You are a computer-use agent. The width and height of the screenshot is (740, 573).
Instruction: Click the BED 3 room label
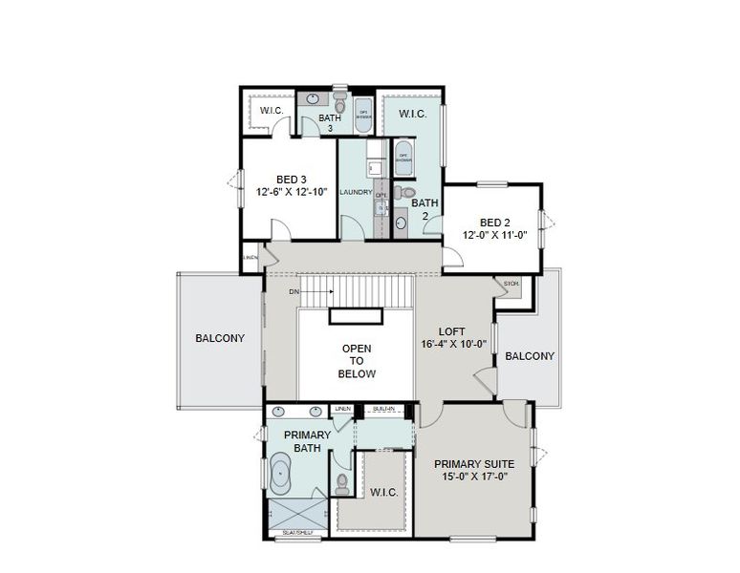(x=291, y=179)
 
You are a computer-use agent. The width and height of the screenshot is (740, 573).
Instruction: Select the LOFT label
(x=451, y=331)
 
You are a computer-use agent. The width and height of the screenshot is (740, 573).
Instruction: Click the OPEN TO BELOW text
(x=357, y=361)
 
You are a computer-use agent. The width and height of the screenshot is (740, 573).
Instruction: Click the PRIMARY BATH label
(x=307, y=441)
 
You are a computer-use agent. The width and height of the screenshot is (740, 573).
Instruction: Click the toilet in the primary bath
(x=342, y=481)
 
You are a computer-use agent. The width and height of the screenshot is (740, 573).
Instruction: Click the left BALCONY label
(x=220, y=338)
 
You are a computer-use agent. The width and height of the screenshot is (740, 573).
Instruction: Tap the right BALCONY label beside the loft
(x=530, y=356)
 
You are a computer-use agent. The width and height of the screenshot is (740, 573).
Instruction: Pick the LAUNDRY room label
(x=355, y=192)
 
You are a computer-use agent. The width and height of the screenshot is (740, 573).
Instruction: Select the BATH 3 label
(x=330, y=122)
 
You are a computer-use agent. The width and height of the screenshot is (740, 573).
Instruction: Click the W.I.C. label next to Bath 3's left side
(x=272, y=111)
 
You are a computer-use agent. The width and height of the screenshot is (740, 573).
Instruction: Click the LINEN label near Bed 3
(x=250, y=258)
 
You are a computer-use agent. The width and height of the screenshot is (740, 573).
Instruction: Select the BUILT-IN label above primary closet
(x=383, y=409)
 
